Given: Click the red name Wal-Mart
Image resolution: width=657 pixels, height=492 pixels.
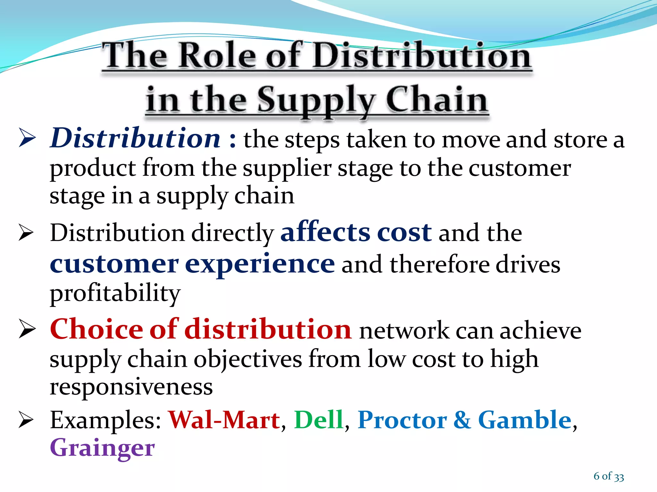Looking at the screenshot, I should (x=224, y=420).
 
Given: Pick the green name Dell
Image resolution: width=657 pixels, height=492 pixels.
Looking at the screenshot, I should (x=319, y=420).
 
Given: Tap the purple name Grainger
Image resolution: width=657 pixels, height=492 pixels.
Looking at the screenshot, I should (x=102, y=448).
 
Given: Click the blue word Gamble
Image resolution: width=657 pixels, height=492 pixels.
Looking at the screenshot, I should (x=525, y=420).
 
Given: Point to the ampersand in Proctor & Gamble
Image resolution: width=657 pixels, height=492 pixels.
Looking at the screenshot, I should (x=462, y=420).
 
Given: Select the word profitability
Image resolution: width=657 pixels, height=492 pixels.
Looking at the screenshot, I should (x=115, y=293).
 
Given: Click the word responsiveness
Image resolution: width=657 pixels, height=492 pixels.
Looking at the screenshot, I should (x=131, y=387).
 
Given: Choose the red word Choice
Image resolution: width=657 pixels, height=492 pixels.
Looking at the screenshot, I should (x=97, y=329).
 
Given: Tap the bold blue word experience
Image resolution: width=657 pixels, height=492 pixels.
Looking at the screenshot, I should (x=260, y=264).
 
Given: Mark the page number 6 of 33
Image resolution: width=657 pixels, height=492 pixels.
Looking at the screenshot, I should (x=609, y=476).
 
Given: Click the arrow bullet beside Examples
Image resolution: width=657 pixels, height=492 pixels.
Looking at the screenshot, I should (x=26, y=420).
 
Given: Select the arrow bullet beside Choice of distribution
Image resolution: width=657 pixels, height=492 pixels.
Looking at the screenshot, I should (x=27, y=329).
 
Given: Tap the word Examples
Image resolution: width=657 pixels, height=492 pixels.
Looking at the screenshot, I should (x=106, y=421).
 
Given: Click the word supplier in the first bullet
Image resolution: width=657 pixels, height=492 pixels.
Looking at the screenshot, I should (x=286, y=168).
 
